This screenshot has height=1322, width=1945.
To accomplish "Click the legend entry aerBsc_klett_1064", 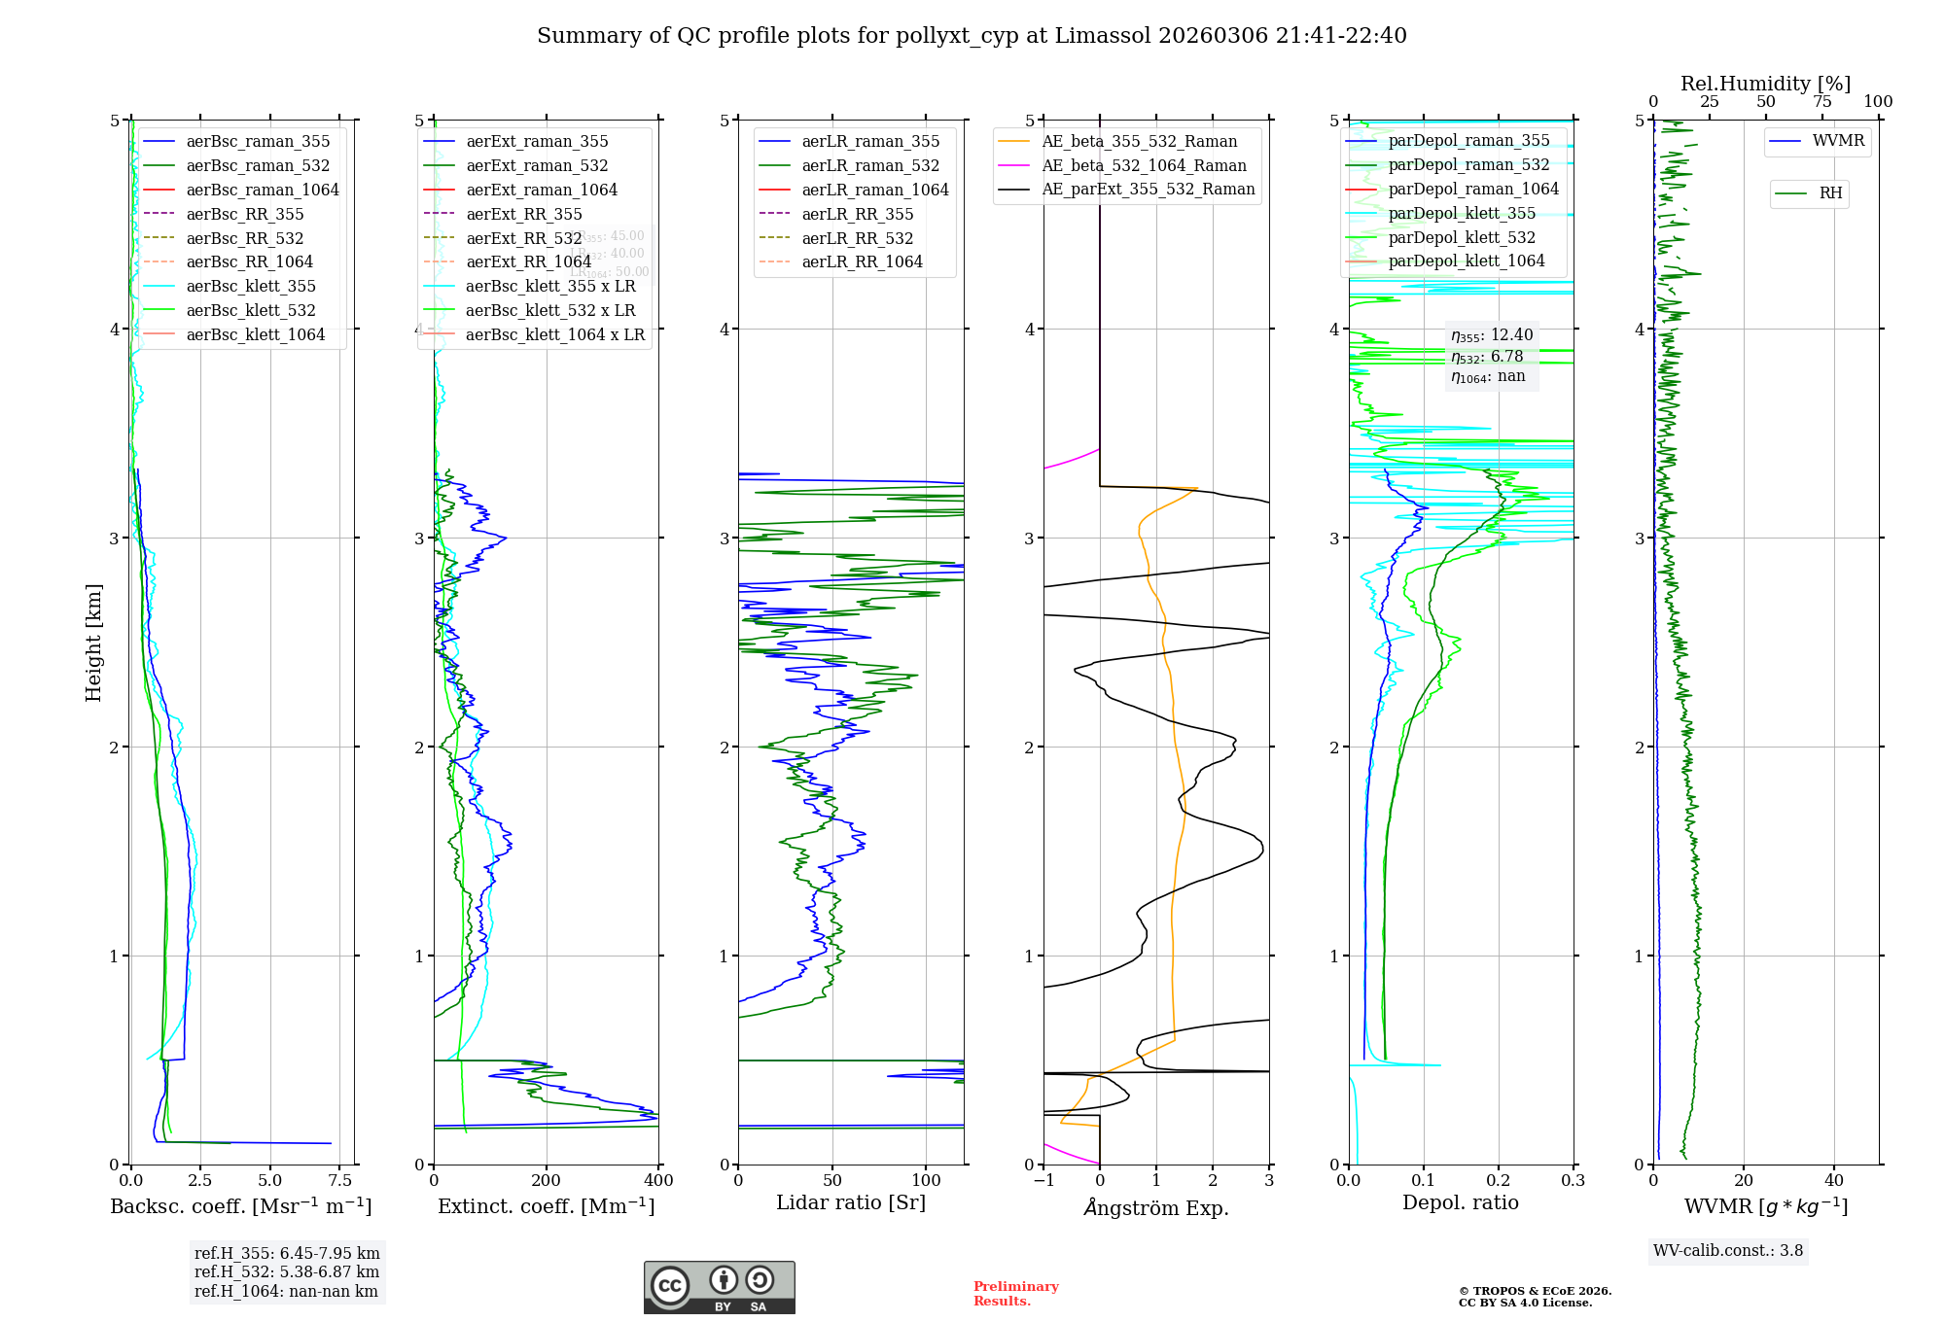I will pyautogui.click(x=255, y=334).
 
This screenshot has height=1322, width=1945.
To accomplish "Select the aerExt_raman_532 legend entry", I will pyautogui.click(x=537, y=165).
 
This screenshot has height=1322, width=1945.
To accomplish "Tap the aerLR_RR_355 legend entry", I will pyautogui.click(x=857, y=214).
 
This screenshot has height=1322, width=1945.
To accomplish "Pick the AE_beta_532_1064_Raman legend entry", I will pyautogui.click(x=1144, y=165).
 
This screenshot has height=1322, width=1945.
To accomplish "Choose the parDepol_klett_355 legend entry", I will pyautogui.click(x=1462, y=213).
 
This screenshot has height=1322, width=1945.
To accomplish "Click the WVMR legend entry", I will pyautogui.click(x=1838, y=141).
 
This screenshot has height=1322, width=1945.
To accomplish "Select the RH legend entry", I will pyautogui.click(x=1830, y=193).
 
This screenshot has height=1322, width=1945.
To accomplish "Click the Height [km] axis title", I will pyautogui.click(x=93, y=642).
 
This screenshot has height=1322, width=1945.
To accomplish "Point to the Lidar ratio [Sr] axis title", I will pyautogui.click(x=851, y=1202).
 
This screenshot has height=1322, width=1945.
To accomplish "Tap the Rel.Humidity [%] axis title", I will pyautogui.click(x=1765, y=84).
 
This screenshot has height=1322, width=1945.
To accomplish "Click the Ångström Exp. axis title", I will pyautogui.click(x=1156, y=1207).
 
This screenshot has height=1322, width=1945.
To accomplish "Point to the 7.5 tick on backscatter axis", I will pyautogui.click(x=339, y=1181).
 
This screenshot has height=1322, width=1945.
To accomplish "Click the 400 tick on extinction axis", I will pyautogui.click(x=658, y=1181).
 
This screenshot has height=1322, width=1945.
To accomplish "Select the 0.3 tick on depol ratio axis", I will pyautogui.click(x=1573, y=1181).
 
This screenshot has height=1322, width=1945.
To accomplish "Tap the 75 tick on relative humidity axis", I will pyautogui.click(x=1821, y=102).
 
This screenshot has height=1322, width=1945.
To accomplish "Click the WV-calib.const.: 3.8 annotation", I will pyautogui.click(x=1728, y=1251).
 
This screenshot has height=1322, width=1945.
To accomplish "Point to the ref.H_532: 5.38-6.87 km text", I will pyautogui.click(x=287, y=1271).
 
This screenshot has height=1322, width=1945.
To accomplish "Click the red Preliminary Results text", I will pyautogui.click(x=1015, y=1294).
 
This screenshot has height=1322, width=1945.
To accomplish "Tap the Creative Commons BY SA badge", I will pyautogui.click(x=719, y=1288).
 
